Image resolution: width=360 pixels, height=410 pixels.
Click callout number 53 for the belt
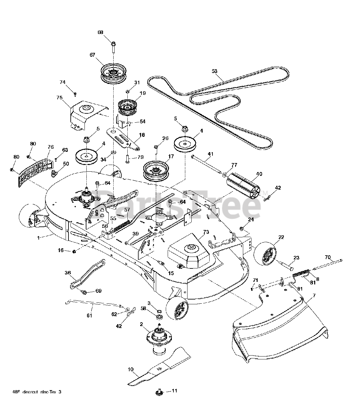pyautogui.click(x=214, y=70)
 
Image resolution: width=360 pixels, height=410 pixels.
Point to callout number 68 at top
pyautogui.click(x=100, y=32)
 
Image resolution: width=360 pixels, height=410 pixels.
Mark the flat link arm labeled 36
pyautogui.click(x=87, y=274)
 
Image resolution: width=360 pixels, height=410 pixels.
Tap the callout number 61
pyautogui.click(x=89, y=316)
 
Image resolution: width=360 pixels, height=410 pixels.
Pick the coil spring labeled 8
pyautogui.click(x=300, y=273)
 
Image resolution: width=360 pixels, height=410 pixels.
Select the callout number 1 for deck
pyautogui.click(x=39, y=238)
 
